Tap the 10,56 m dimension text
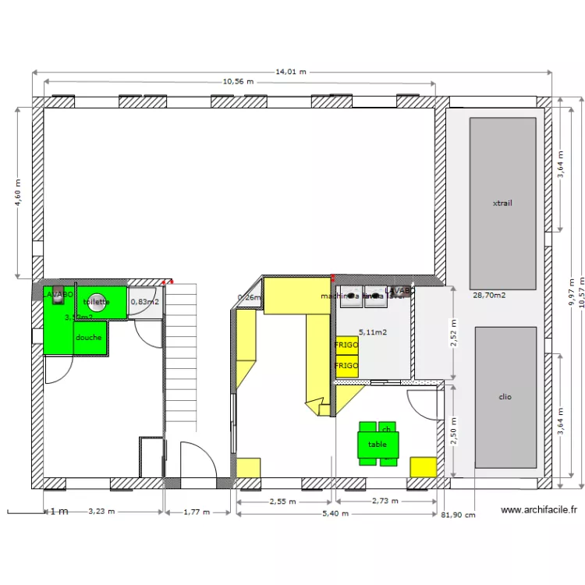[x=239, y=81]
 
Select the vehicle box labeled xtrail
[x=502, y=204]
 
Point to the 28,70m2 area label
[x=489, y=296]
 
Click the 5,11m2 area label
[x=373, y=332]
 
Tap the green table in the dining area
[x=378, y=445]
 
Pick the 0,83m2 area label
[x=145, y=302]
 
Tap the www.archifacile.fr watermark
[x=539, y=511]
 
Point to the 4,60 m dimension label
[x=18, y=193]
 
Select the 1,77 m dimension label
[x=197, y=512]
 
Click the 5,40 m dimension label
[x=336, y=514]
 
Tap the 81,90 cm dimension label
[x=458, y=516]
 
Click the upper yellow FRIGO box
[x=346, y=345]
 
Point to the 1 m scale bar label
[x=58, y=512]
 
